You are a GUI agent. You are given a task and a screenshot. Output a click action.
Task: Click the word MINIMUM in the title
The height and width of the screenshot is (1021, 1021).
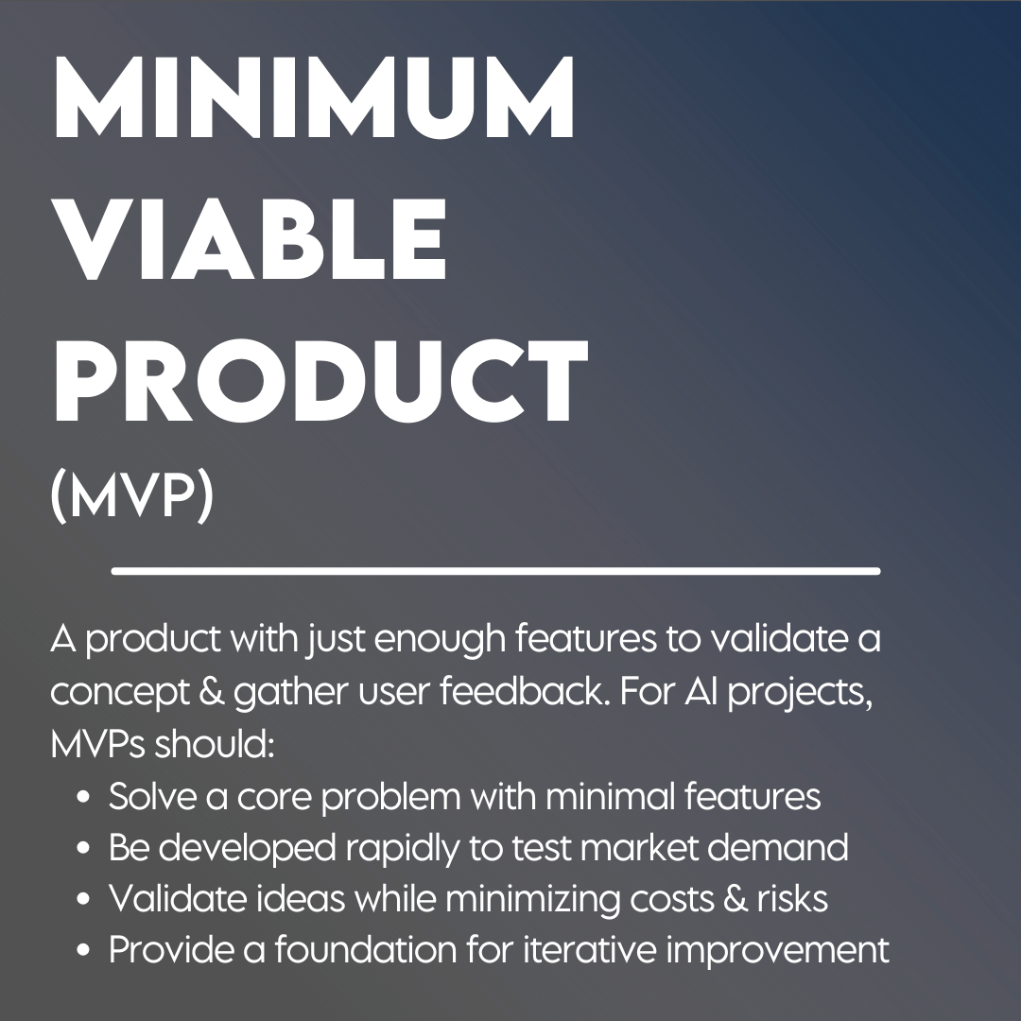(x=314, y=96)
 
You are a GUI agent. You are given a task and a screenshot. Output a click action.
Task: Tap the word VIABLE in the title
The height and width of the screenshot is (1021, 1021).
(x=251, y=238)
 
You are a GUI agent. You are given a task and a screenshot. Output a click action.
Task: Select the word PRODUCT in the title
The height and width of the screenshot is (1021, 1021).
(x=321, y=380)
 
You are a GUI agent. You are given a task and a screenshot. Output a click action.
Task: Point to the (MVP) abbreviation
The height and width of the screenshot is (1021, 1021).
(x=132, y=496)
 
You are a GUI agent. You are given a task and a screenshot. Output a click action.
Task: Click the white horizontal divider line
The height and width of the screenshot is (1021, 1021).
(x=495, y=571)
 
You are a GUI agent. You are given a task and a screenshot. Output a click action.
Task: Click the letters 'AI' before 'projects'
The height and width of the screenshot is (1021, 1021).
(x=701, y=691)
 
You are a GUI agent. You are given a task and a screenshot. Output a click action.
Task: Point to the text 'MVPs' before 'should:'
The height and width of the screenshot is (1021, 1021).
(x=97, y=744)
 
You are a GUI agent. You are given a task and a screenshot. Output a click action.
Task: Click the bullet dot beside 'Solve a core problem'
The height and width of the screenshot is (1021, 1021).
(x=82, y=796)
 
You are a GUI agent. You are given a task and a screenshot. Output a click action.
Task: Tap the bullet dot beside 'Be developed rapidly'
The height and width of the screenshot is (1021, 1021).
(x=82, y=848)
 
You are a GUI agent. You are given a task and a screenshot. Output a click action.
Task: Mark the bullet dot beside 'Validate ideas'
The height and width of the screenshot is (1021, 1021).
(x=82, y=899)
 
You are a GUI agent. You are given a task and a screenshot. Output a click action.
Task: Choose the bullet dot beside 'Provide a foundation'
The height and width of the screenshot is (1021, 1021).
(x=82, y=950)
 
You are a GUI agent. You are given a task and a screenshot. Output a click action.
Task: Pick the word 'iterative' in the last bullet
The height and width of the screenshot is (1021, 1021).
(x=590, y=950)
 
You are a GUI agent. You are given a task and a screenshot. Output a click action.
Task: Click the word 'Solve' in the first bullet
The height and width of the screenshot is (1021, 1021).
(x=152, y=796)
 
